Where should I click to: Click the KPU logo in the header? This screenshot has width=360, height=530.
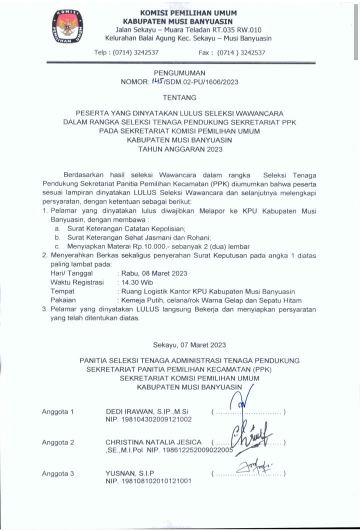[x=68, y=27]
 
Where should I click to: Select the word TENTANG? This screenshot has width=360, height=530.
[x=179, y=97]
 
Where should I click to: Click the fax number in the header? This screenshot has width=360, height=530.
[x=245, y=52]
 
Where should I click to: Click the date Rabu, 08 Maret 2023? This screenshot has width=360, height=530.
[x=152, y=273]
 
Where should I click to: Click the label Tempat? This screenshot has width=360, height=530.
[x=62, y=291]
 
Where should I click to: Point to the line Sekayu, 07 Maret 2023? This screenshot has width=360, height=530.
[x=189, y=345]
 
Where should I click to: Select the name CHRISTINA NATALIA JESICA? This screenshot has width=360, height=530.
[x=153, y=442]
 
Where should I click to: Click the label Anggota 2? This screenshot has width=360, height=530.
[x=58, y=442]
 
